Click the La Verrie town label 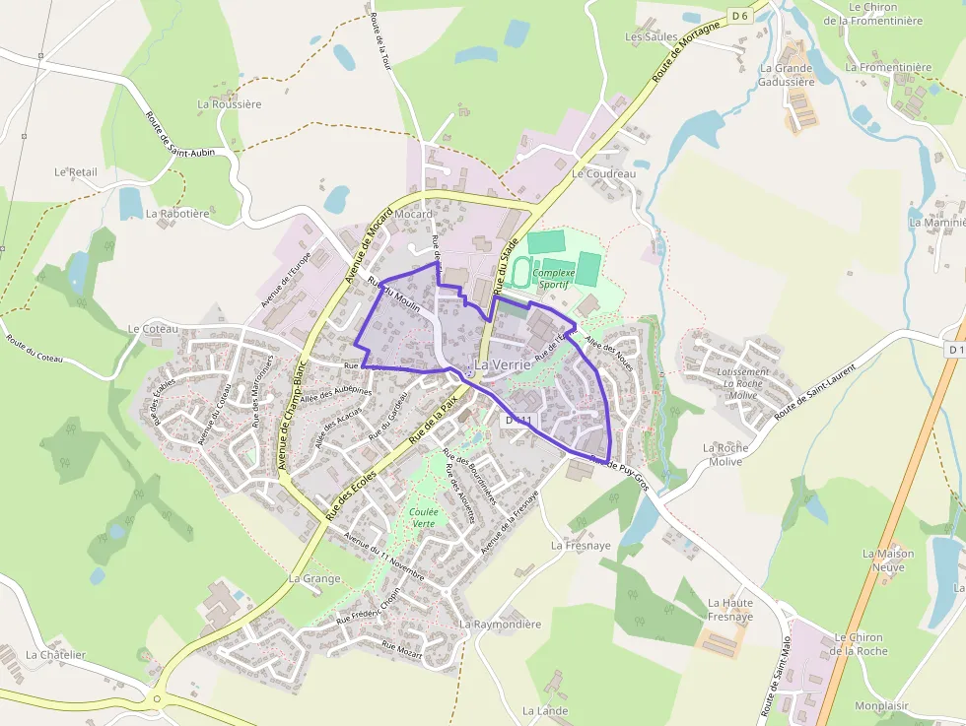[503, 365]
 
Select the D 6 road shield [740, 15]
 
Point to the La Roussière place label [230, 103]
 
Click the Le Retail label [76, 171]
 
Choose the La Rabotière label [177, 213]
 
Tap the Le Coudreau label [603, 173]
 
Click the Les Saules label [651, 37]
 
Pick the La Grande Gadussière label [786, 75]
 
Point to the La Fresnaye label [581, 545]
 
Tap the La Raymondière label [500, 625]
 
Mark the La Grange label [313, 579]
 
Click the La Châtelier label [56, 655]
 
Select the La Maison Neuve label [888, 560]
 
